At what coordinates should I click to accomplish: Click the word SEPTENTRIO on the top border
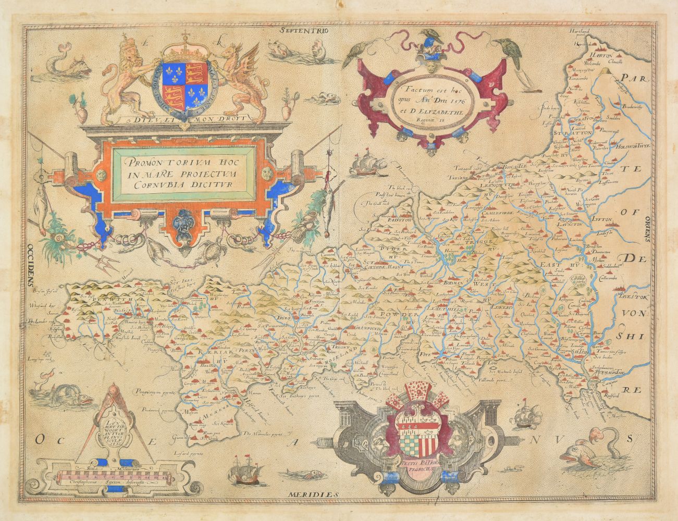304,31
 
